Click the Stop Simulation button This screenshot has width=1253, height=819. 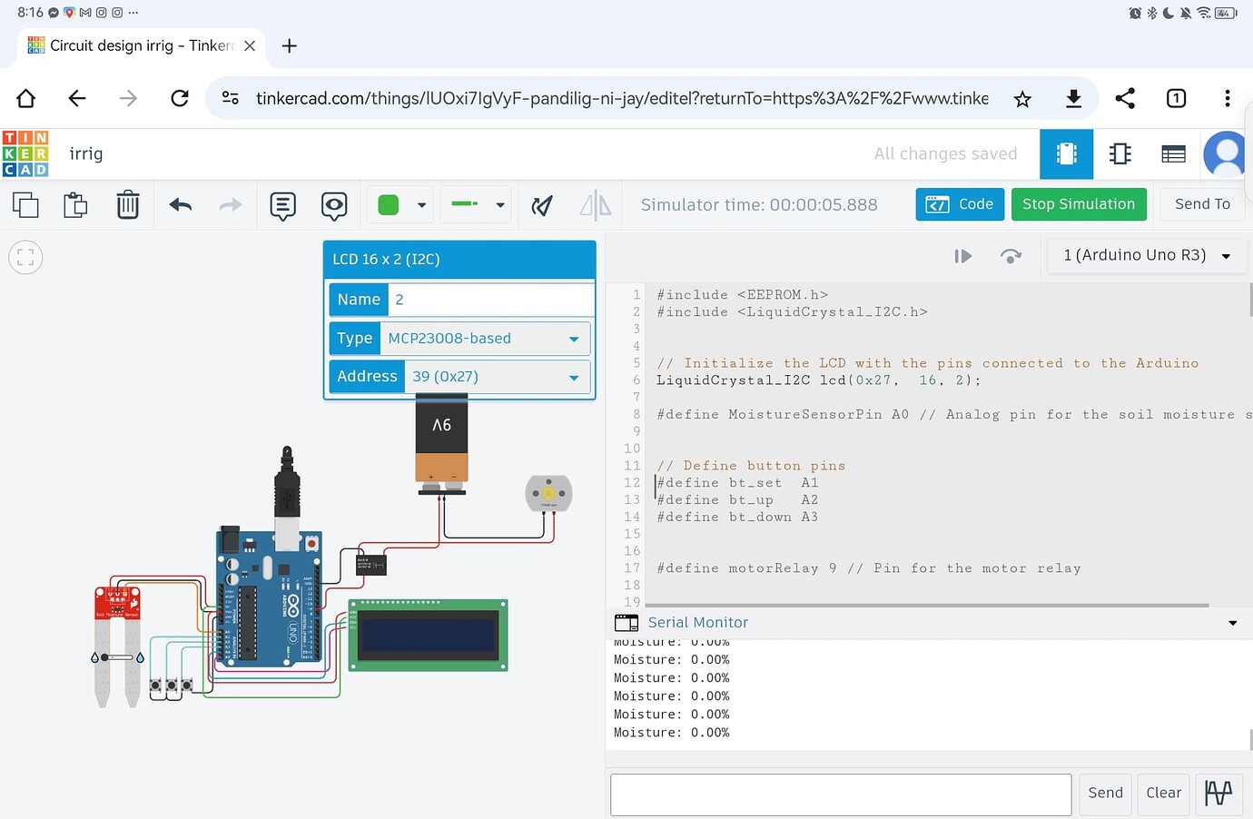point(1078,204)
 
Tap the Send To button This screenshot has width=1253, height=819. point(1202,204)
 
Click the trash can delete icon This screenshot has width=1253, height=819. point(128,205)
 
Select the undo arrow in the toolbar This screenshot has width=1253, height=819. point(181,205)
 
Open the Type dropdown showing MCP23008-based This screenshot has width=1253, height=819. point(484,339)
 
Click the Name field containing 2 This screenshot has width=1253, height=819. point(490,300)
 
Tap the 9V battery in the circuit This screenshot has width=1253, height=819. point(441,444)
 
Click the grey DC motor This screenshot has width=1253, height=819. point(548,493)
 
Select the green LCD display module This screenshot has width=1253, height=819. point(428,635)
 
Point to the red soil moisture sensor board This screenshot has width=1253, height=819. point(117,602)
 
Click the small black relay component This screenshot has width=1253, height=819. point(371,566)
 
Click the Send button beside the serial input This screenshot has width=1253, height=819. point(1105,793)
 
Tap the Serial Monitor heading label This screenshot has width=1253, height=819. point(697,623)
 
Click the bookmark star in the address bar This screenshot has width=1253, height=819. point(1022,99)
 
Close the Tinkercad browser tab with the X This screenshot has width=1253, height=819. point(250,45)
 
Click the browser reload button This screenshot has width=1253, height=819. point(180,98)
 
